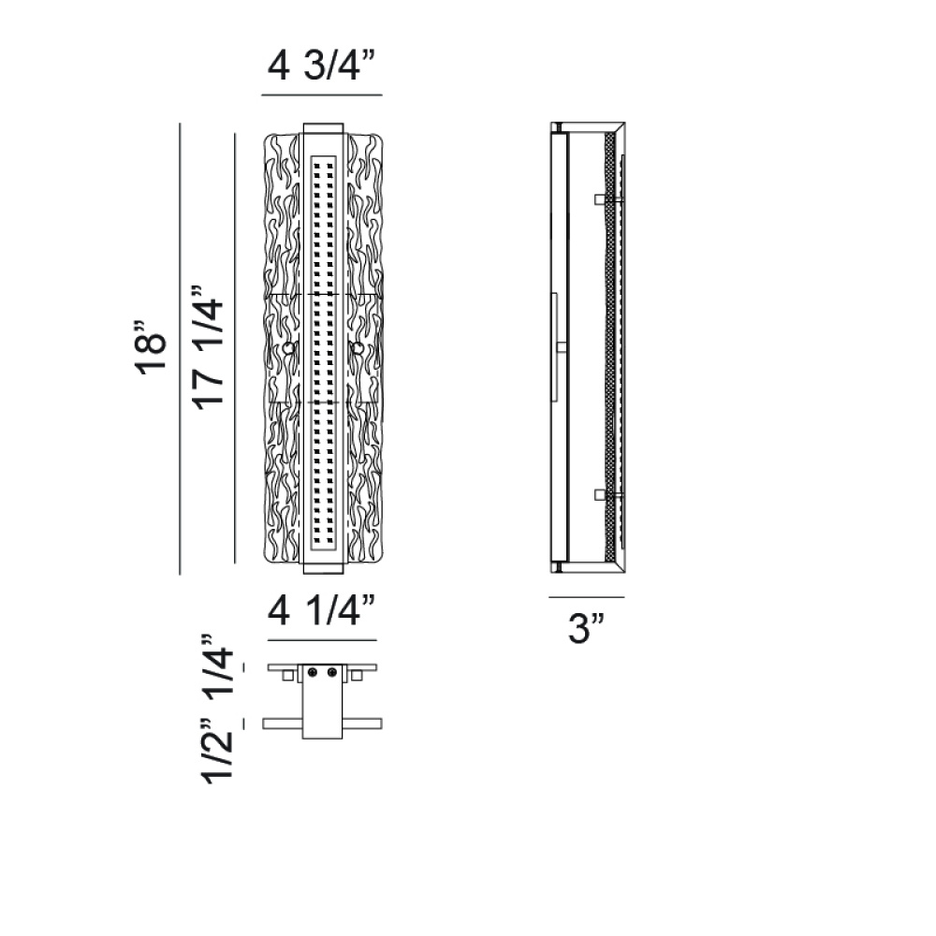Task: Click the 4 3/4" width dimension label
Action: pos(321,66)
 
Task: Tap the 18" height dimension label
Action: pos(149,347)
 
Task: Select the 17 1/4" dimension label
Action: pos(207,347)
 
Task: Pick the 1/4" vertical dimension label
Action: pos(217,668)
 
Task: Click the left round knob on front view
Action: pos(289,348)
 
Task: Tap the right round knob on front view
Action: pos(358,348)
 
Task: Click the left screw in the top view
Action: pos(313,673)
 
